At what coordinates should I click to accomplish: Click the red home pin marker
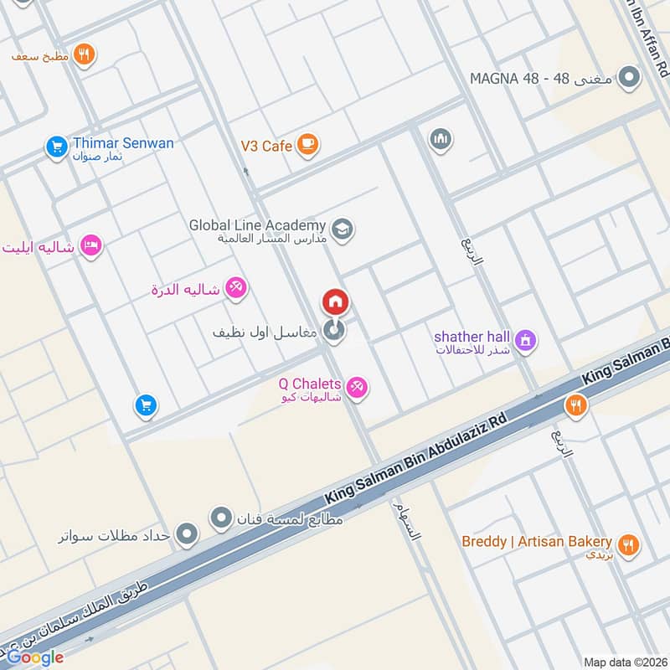335,301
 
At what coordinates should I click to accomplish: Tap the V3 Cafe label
266,146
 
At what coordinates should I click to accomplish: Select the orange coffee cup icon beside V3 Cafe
307,146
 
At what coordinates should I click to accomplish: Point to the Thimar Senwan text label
122,143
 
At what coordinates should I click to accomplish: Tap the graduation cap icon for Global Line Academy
342,229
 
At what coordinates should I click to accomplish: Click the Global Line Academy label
256,225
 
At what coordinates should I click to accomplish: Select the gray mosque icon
441,139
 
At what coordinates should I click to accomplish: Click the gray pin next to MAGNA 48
628,80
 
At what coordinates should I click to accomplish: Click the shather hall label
472,337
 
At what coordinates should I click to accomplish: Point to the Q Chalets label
310,384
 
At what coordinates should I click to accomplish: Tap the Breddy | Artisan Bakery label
537,542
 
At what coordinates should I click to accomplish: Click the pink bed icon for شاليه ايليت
92,245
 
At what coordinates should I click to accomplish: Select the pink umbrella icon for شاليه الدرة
237,289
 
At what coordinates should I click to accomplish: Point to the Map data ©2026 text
624,662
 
